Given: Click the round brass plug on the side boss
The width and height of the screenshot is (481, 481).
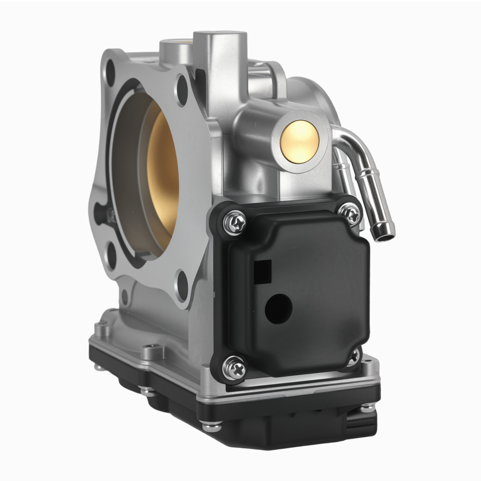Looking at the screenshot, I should tap(300, 140).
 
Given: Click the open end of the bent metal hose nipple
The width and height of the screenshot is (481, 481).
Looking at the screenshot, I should tap(385, 233).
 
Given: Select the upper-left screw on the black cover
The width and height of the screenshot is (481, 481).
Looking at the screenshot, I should tap(235, 223).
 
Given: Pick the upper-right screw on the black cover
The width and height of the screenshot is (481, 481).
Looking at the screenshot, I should tap(349, 214).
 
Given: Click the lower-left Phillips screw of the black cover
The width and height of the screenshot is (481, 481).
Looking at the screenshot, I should tap(234, 368).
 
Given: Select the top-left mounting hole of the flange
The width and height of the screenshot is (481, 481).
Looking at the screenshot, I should tap(110, 75).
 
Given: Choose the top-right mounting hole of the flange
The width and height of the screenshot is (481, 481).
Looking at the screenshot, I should tap(182, 90).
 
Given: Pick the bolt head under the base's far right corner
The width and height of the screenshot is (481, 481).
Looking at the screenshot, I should tap(367, 407).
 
